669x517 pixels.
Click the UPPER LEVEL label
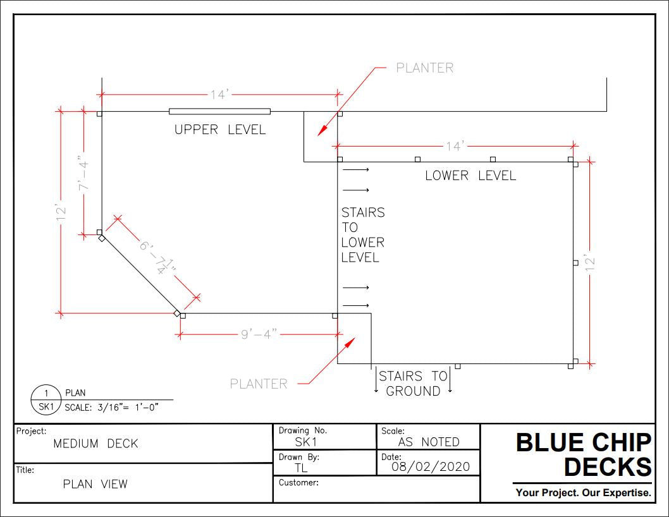220,130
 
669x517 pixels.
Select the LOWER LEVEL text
470,176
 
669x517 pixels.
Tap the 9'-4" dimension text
259,334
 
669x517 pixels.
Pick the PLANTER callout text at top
424,68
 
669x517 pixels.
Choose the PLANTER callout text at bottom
258,384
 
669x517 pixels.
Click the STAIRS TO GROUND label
413,384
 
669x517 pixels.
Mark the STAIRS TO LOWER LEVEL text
362,234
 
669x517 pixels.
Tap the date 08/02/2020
431,467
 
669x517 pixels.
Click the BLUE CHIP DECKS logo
583,454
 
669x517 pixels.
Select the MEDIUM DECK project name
95,444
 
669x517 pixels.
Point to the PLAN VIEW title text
95,484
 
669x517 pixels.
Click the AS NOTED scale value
429,442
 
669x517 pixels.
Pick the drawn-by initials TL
301,468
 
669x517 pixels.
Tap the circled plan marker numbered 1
46,393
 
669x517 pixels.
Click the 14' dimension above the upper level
219,95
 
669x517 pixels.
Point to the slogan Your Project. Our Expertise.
583,492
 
